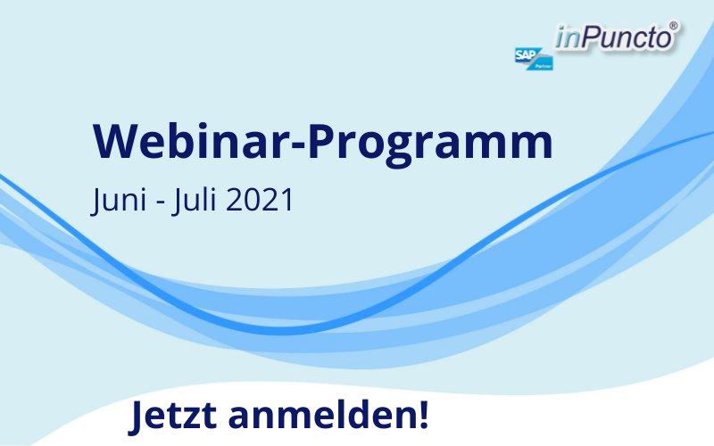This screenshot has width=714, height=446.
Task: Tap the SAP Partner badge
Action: coord(534,59)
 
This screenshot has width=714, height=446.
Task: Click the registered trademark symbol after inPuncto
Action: coord(674,26)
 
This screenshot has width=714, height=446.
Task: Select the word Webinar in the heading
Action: coord(192,140)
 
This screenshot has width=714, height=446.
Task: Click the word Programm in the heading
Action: coord(431,145)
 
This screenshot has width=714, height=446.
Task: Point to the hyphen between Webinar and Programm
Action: coord(299,145)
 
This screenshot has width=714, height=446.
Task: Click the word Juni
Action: coord(119,200)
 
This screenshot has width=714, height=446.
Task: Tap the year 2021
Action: coord(259,200)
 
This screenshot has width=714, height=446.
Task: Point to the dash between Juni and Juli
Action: coord(160,202)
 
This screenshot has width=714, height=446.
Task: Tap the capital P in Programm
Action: coord(322,141)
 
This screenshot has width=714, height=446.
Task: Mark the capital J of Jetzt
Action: coord(137,417)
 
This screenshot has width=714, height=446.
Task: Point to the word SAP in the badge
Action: coord(527,54)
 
